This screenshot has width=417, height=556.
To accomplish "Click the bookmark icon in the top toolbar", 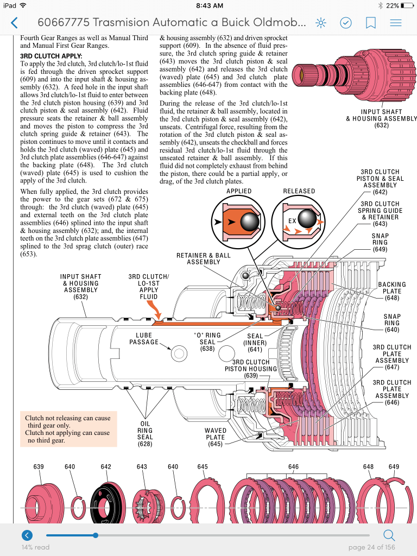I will pyautogui.click(x=371, y=23).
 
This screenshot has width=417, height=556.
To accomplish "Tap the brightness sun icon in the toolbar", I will pyautogui.click(x=321, y=23).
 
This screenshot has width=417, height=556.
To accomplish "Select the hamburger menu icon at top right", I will pyautogui.click(x=396, y=23).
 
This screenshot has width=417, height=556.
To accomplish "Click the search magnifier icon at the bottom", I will pyautogui.click(x=389, y=535).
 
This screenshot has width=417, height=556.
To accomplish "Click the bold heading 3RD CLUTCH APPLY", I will pyautogui.click(x=51, y=56).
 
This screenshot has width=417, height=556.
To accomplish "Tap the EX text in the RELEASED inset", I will pyautogui.click(x=292, y=221).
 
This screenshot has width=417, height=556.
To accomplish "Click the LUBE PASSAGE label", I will pyautogui.click(x=144, y=339).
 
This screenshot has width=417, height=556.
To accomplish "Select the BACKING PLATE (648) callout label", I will pyautogui.click(x=392, y=291).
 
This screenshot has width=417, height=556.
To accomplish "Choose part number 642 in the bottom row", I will pyautogui.click(x=106, y=467).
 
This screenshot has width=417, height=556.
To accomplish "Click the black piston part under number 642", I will pyautogui.click(x=106, y=502).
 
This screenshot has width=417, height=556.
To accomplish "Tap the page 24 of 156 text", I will pyautogui.click(x=371, y=547).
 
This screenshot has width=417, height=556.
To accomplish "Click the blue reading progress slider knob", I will pyautogui.click(x=96, y=535).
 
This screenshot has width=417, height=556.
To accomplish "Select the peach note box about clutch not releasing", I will pyautogui.click(x=68, y=429).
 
